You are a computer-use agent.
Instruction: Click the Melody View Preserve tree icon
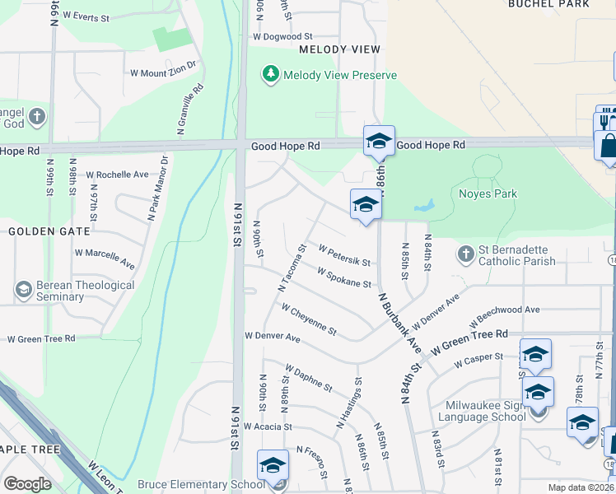(270, 75)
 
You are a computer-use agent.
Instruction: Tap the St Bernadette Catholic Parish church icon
(466, 254)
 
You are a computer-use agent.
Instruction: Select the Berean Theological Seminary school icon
(24, 290)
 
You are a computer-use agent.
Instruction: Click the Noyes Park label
(487, 194)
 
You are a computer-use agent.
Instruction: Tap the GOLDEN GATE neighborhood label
(37, 231)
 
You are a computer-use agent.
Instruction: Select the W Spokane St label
(343, 277)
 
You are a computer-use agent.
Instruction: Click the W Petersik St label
(344, 254)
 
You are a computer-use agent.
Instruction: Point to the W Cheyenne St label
(309, 319)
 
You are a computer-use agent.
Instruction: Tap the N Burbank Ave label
(399, 322)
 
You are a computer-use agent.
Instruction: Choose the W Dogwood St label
(283, 36)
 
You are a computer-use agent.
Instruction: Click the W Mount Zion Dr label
(163, 68)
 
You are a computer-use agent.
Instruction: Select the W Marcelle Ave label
(105, 259)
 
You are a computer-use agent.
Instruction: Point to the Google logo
(27, 484)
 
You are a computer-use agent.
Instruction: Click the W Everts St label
(86, 16)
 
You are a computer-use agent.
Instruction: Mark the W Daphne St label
(308, 378)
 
